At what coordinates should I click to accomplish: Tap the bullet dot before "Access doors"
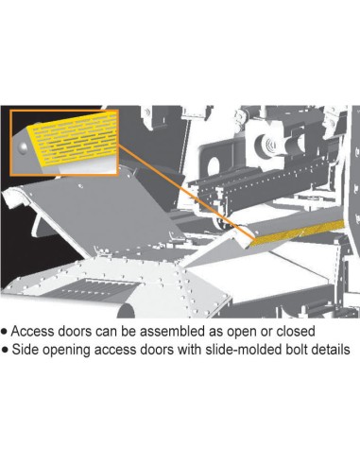pos(5,332)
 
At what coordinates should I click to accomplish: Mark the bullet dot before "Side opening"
pos(5,350)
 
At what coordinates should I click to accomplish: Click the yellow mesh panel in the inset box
pos(73,138)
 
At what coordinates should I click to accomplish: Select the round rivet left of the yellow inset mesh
pos(23,148)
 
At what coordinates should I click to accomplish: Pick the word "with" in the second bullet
pos(189,350)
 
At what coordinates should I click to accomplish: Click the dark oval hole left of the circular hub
pos(214,166)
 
